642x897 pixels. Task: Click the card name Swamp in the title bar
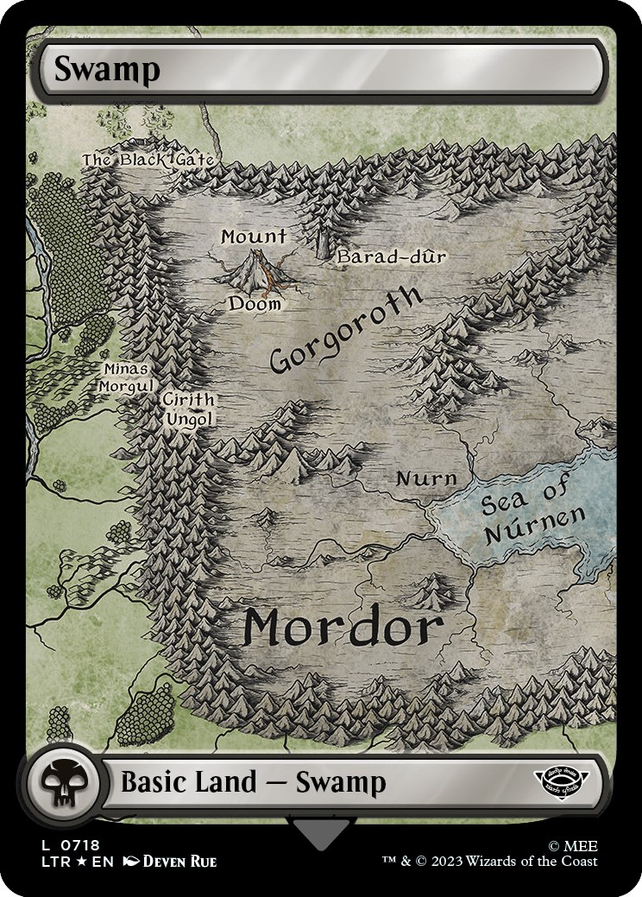click(x=107, y=70)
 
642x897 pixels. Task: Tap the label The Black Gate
click(x=148, y=160)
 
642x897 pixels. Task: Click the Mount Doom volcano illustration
click(x=255, y=270)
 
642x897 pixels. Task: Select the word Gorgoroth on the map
click(x=345, y=332)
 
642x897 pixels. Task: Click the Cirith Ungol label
click(x=188, y=409)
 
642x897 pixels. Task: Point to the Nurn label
click(x=425, y=479)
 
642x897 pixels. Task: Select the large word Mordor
click(x=343, y=628)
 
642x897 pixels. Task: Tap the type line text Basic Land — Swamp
click(x=253, y=783)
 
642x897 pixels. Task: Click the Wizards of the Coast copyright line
click(x=490, y=861)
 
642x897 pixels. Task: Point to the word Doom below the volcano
click(x=255, y=304)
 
